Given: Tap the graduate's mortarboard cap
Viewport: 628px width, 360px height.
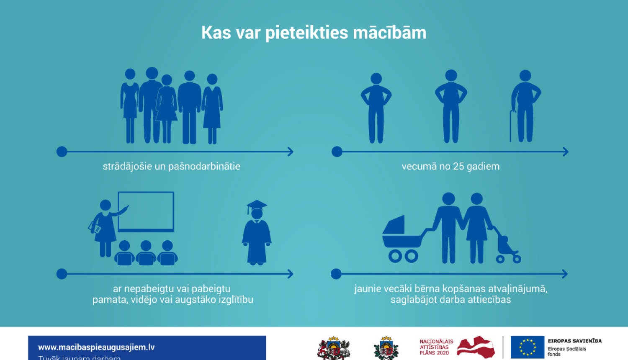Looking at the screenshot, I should pyautogui.click(x=257, y=205).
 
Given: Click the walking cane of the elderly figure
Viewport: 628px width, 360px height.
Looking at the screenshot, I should pyautogui.click(x=511, y=126).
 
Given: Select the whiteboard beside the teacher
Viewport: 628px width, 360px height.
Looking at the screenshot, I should pyautogui.click(x=146, y=211).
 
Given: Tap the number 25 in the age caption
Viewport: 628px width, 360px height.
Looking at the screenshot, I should pyautogui.click(x=458, y=167).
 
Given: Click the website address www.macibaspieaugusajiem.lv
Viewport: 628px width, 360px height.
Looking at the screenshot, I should pyautogui.click(x=96, y=347).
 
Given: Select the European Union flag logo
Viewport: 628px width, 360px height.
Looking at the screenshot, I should pyautogui.click(x=527, y=347).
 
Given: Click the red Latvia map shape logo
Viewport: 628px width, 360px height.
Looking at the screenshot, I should pyautogui.click(x=476, y=347).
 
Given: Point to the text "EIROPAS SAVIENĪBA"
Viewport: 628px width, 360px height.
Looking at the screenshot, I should pyautogui.click(x=574, y=341).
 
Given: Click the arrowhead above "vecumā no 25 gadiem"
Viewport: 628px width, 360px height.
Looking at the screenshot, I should pyautogui.click(x=566, y=152).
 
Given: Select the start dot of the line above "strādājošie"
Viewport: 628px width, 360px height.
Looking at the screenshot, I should pyautogui.click(x=62, y=152).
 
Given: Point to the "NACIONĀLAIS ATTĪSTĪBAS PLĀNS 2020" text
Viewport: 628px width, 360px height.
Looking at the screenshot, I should pyautogui.click(x=436, y=347).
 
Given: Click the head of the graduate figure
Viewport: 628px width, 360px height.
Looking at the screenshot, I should pyautogui.click(x=257, y=214).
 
